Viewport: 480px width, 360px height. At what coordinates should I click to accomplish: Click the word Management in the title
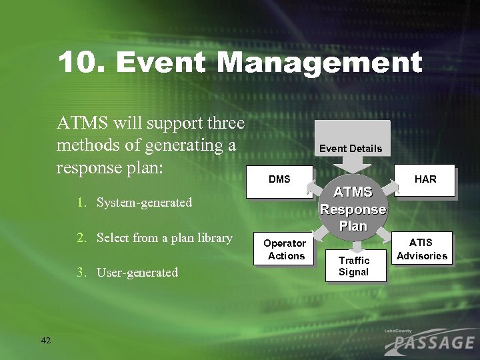tap(319, 64)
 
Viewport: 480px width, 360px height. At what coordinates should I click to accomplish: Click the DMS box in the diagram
tap(279, 180)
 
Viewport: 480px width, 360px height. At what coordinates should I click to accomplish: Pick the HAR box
tap(425, 179)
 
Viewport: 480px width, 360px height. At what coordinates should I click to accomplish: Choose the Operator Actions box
tap(284, 249)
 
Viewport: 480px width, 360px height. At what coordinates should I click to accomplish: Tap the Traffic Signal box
tap(353, 266)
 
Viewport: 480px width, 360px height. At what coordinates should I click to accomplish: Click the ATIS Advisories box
tap(422, 249)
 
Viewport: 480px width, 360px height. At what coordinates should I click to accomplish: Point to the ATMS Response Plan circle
tap(353, 209)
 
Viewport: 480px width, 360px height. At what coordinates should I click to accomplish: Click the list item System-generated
tap(144, 202)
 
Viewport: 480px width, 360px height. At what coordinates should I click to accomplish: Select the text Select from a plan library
tap(164, 238)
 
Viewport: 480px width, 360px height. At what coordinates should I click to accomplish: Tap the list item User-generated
tap(137, 272)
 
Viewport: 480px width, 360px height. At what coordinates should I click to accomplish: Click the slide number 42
tap(46, 341)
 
